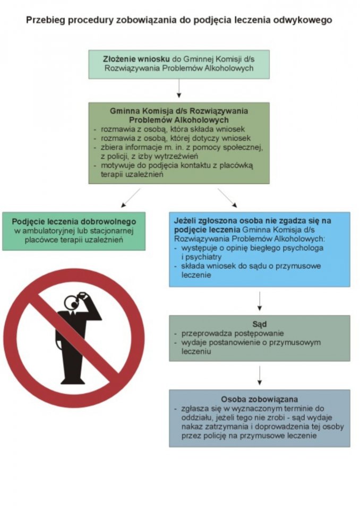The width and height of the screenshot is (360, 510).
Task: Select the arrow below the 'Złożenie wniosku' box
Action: point(179,88)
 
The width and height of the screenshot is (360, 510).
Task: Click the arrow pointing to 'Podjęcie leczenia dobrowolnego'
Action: point(130,198)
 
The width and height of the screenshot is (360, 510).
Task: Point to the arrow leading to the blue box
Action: point(227,198)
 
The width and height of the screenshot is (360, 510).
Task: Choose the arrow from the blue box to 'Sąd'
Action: point(260,301)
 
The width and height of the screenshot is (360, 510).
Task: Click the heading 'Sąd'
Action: point(260,324)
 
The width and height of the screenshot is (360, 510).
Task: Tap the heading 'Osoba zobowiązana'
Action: point(260,398)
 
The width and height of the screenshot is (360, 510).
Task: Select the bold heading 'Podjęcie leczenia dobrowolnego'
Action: point(74,221)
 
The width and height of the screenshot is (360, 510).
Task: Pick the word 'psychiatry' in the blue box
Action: point(199,257)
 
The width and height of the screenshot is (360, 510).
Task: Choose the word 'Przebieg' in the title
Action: point(44,21)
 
